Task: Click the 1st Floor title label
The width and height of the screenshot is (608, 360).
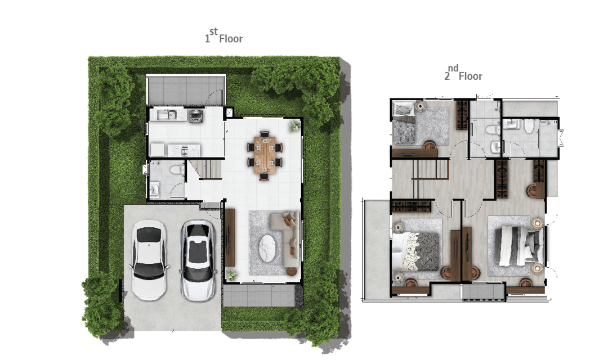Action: (223, 35)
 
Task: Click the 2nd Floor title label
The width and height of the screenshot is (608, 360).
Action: (463, 73)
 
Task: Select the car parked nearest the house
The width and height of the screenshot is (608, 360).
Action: (198, 260)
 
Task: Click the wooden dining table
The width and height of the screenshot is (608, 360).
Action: (265, 155)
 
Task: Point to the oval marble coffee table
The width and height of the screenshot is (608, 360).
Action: (267, 249)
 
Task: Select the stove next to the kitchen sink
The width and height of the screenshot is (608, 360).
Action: (196, 116)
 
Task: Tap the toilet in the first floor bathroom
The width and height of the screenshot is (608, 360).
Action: (177, 169)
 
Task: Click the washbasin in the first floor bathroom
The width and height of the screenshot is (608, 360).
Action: (154, 190)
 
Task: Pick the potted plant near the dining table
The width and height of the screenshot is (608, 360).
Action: (294, 126)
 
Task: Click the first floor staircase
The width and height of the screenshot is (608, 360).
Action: (205, 170)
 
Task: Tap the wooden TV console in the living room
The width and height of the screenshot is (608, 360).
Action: (230, 237)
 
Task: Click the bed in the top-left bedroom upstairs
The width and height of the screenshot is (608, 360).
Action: (404, 124)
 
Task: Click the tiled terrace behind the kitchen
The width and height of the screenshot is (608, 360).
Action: (186, 90)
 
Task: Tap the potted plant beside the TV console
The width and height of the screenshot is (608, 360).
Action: (231, 274)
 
